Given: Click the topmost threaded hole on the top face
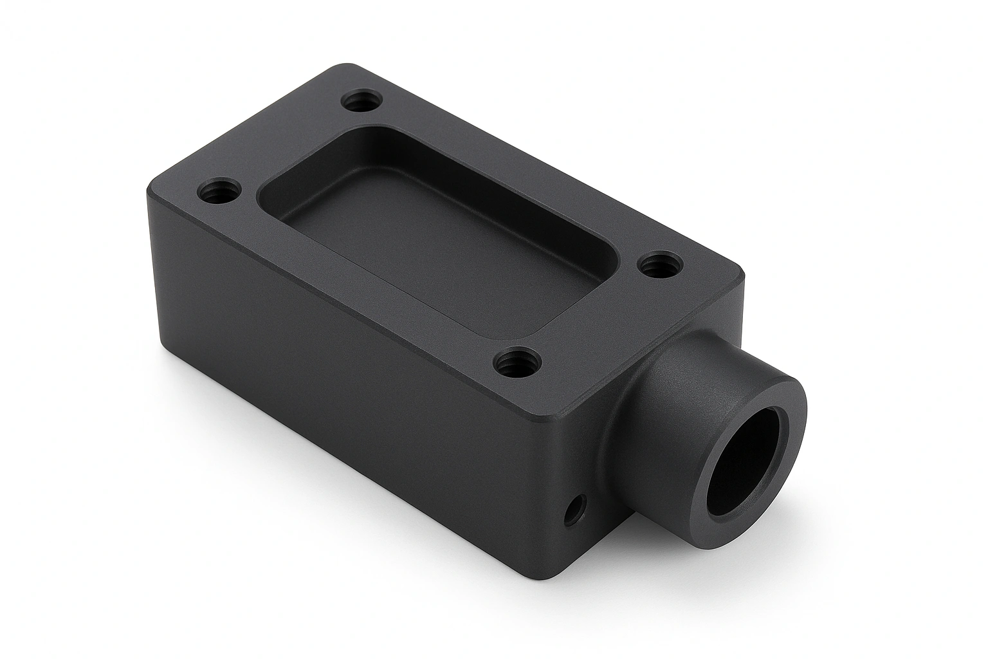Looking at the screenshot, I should pyautogui.click(x=362, y=102).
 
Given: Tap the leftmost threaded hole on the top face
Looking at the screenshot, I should pyautogui.click(x=219, y=192).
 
